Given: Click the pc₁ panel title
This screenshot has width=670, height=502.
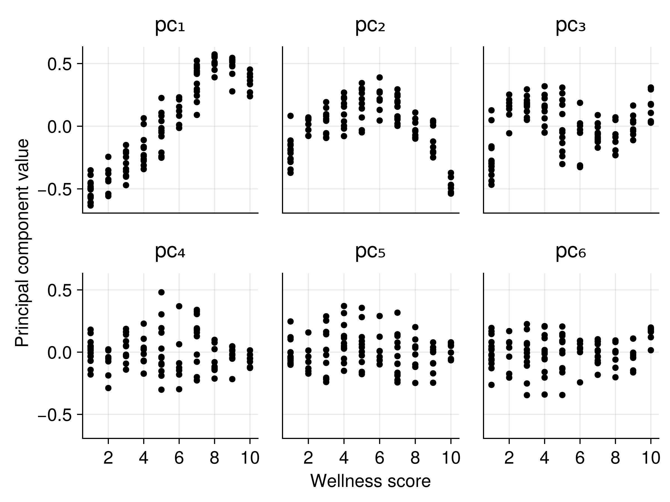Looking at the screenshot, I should point(170,26).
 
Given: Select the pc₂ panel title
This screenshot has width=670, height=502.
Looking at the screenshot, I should point(370,26).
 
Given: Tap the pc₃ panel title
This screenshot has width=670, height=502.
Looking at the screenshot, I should point(571,26).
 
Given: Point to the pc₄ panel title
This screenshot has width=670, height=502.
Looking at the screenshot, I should point(170,252).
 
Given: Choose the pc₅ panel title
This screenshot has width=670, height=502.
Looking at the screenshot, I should point(370,252).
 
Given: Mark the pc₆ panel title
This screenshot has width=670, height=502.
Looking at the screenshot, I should point(571,252).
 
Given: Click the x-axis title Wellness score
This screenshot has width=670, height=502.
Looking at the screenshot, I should point(370,481).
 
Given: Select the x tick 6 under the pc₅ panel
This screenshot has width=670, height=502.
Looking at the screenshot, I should point(379,458).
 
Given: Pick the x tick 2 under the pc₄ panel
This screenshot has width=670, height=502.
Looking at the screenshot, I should point(108,458).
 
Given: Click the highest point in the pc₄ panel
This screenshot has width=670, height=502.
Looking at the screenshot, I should point(161,292).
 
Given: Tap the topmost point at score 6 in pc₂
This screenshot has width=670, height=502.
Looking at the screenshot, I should point(379,78).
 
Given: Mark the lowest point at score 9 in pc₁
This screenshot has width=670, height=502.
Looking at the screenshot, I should point(232,91).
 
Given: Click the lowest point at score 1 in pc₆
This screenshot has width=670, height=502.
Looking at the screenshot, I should point(491,385).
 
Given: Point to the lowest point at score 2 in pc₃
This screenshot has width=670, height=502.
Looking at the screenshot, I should point(509,133).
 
